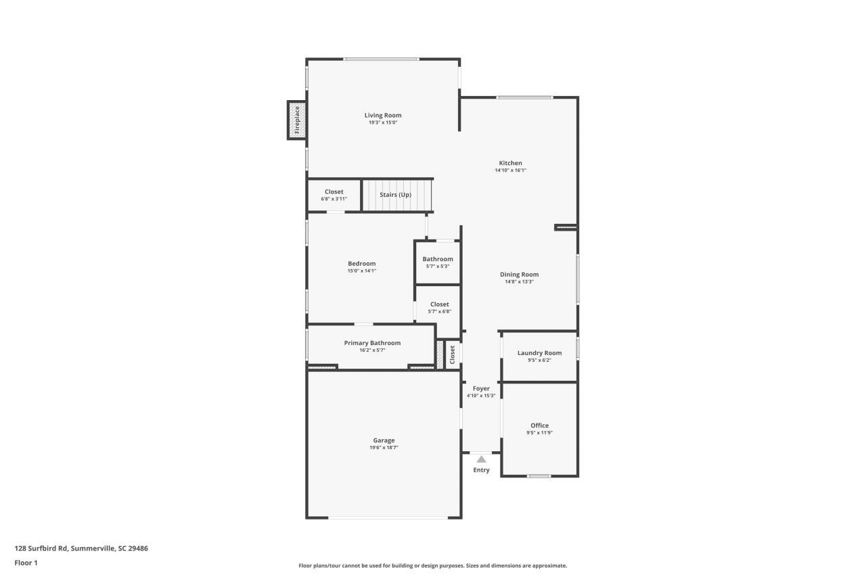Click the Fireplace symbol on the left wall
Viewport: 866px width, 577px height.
[296, 120]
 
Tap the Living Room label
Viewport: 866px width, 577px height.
[383, 115]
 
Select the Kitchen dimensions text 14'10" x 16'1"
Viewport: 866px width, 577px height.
[510, 170]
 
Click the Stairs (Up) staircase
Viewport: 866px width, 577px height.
[396, 195]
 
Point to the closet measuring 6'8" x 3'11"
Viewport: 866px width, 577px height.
[334, 195]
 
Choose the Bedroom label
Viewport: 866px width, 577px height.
[361, 264]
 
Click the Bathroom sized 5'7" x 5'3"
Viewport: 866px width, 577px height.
[438, 262]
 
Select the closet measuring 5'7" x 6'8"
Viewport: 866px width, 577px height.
[439, 308]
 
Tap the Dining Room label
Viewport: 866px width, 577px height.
[519, 275]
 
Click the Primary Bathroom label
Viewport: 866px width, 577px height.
[372, 343]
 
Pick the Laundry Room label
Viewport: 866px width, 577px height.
[539, 353]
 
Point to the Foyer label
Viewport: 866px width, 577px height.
[481, 388]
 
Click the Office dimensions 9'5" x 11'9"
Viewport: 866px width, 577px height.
[539, 433]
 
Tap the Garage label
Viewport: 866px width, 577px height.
[384, 440]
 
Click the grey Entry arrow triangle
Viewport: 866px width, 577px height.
[481, 459]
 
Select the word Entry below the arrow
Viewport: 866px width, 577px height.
[481, 470]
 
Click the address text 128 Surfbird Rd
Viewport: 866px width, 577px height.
[81, 549]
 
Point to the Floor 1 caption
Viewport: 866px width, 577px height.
[26, 563]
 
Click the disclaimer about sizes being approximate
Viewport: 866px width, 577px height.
[433, 566]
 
